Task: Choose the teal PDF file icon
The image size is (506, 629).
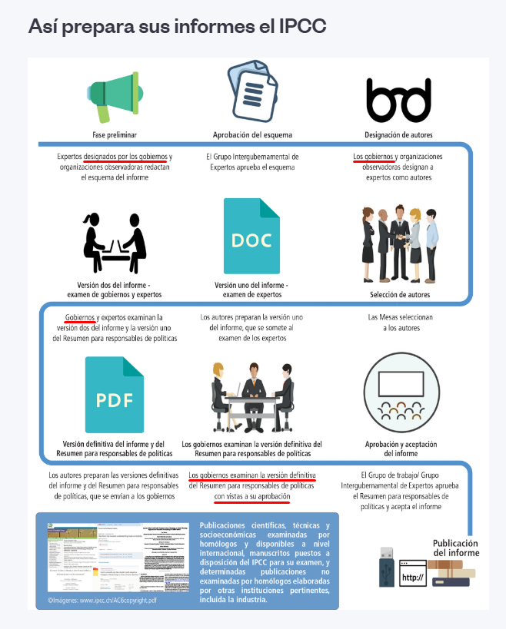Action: [x=115, y=394]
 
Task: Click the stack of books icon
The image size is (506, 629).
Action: [x=449, y=573]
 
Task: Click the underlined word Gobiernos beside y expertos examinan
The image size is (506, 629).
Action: [x=80, y=317]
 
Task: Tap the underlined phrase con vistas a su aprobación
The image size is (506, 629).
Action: [x=252, y=497]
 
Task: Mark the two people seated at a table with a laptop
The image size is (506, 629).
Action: [x=115, y=238]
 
